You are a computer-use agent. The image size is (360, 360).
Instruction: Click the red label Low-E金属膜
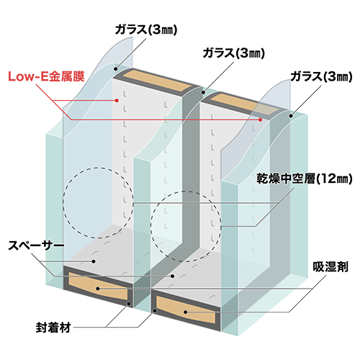point(46,76)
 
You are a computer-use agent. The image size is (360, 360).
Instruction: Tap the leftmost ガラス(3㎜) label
point(146,30)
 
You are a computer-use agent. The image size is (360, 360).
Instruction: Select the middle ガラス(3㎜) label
point(234,53)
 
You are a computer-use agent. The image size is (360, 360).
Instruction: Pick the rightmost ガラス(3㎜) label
point(321,77)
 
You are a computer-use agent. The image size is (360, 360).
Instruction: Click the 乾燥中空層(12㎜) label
point(305,179)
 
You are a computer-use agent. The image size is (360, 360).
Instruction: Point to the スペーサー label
point(36,246)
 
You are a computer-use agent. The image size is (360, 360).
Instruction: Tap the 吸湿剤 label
point(330,267)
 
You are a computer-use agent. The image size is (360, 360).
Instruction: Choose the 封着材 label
point(53,328)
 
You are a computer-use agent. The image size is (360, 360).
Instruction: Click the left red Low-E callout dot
point(117,100)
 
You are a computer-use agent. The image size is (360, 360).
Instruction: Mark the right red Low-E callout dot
point(261,120)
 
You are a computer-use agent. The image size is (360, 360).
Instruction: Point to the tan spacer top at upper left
point(159,81)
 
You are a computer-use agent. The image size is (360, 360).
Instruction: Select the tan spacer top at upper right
point(246,104)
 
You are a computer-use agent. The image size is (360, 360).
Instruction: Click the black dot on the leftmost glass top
point(115,69)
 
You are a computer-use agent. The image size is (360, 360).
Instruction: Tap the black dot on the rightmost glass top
point(291,116)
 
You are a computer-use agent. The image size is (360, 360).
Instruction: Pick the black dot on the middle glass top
point(203,92)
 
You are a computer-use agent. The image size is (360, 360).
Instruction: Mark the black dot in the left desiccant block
point(98,289)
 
